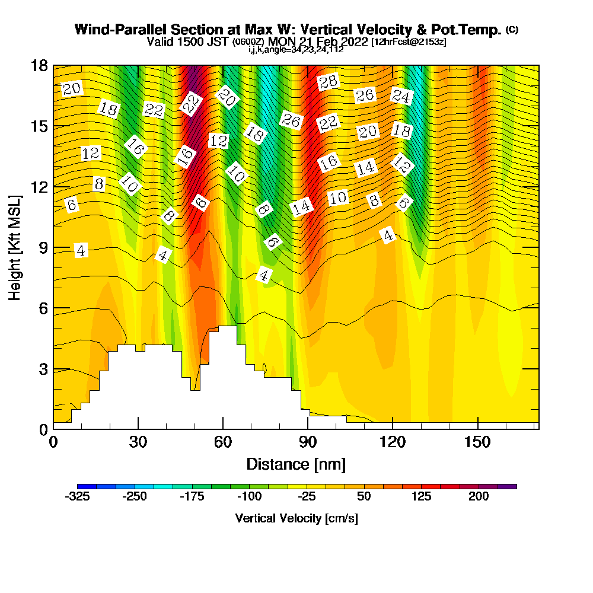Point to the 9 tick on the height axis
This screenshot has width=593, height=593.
(x=43, y=247)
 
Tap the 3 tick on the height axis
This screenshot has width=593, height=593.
(x=43, y=369)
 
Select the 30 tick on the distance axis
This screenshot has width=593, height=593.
(x=138, y=441)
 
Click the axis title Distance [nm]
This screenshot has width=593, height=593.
(x=296, y=463)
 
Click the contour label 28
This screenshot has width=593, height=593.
(x=327, y=82)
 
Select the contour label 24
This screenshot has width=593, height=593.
(x=401, y=96)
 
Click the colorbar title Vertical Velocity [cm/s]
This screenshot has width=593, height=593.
(x=296, y=518)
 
